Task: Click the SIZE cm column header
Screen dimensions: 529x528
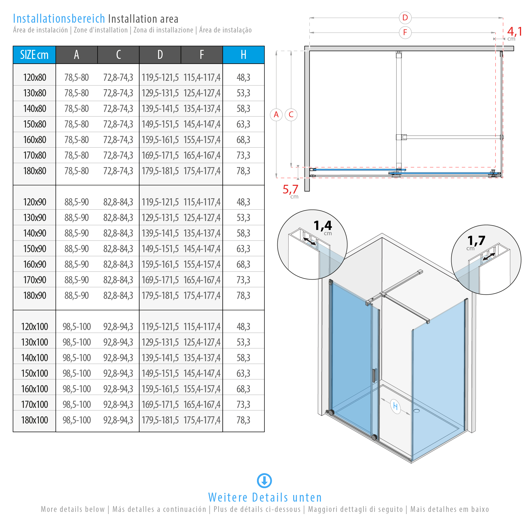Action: pyautogui.click(x=34, y=55)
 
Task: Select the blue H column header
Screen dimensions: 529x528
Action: pyautogui.click(x=243, y=55)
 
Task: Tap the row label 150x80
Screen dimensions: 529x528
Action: pyautogui.click(x=35, y=124)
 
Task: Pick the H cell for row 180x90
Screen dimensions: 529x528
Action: pyautogui.click(x=243, y=296)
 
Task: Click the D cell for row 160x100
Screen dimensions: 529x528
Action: pyautogui.click(x=160, y=389)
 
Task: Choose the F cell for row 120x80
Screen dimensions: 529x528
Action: pyautogui.click(x=202, y=77)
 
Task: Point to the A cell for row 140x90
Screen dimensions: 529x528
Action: pyautogui.click(x=77, y=233)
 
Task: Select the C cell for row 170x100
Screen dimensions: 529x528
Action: pyautogui.click(x=118, y=404)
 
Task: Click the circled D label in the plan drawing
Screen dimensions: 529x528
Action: pyautogui.click(x=405, y=18)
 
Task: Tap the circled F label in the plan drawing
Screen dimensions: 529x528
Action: pyautogui.click(x=405, y=32)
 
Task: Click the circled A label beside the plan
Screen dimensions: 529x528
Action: pyautogui.click(x=276, y=115)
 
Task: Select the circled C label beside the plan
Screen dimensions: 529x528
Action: pyautogui.click(x=291, y=115)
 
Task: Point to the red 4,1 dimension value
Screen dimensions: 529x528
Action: pyautogui.click(x=515, y=31)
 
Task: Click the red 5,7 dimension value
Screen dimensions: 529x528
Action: pyautogui.click(x=290, y=189)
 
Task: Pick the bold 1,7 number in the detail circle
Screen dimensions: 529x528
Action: pyautogui.click(x=476, y=241)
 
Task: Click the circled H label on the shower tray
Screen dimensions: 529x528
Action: pyautogui.click(x=395, y=407)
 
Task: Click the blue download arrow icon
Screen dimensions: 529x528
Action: pyautogui.click(x=264, y=481)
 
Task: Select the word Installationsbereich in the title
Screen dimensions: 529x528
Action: pyautogui.click(x=59, y=19)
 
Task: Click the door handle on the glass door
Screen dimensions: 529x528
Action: pyautogui.click(x=374, y=375)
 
